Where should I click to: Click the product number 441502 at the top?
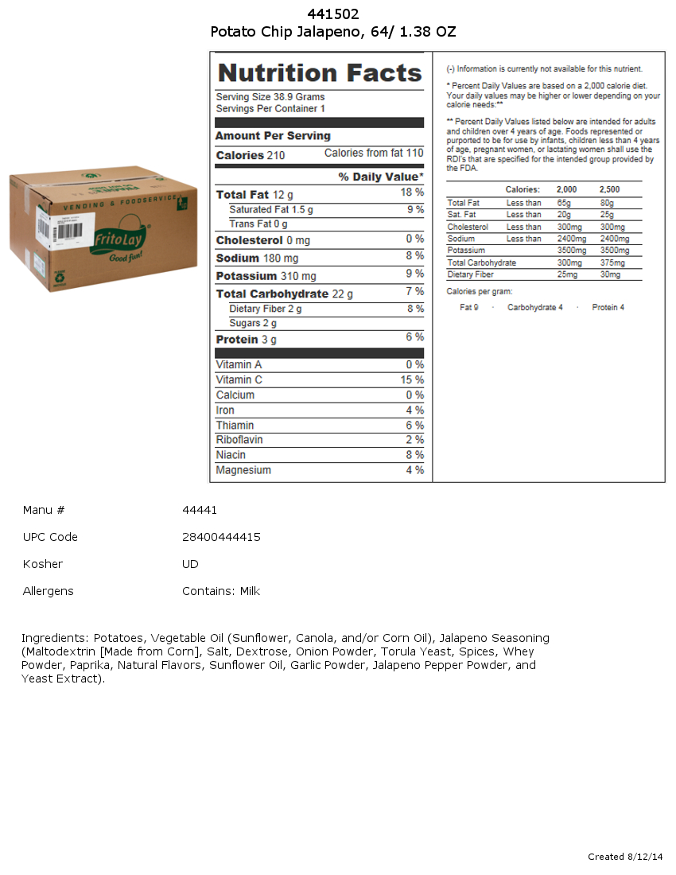(333, 14)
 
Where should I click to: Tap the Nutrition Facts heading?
(320, 73)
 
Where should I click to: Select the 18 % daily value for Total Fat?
(412, 193)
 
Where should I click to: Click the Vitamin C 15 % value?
(412, 380)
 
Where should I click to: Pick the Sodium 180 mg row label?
(257, 259)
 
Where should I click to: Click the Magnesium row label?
(243, 471)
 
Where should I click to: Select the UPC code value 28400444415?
(221, 537)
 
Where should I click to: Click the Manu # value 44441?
(200, 510)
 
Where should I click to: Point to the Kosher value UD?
(190, 564)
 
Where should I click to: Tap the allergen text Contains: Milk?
(221, 591)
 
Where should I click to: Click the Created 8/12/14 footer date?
(625, 857)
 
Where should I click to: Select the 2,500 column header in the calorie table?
(609, 190)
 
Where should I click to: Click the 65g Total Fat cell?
(564, 204)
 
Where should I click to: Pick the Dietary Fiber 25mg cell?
(566, 275)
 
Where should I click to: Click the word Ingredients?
(54, 638)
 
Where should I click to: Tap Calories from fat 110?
(374, 154)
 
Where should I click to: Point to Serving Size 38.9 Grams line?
(270, 97)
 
